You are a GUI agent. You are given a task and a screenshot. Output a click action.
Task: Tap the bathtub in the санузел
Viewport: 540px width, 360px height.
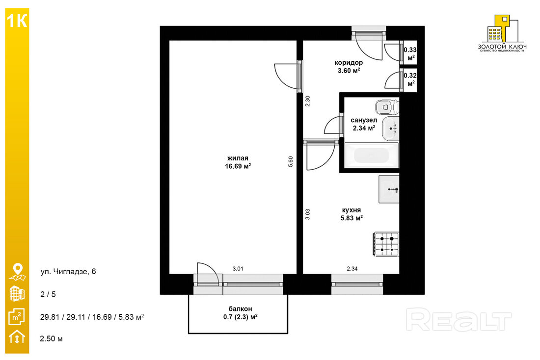pos(372,155)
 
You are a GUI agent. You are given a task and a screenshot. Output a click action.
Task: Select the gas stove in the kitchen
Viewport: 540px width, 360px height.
pos(386,244)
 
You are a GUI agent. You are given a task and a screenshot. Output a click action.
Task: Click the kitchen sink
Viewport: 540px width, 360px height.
pos(389,189)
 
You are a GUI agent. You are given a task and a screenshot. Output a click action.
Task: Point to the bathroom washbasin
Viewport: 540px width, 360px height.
pos(391,129)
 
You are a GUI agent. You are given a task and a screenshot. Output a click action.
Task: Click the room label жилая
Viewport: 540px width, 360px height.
pos(238,158)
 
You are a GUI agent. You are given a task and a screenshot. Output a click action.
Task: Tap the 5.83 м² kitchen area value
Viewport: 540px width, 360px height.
pos(351,218)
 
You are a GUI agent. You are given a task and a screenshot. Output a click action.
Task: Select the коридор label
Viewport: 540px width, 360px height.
pos(349,63)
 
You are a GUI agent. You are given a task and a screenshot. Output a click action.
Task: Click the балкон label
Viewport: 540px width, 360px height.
pos(240,309)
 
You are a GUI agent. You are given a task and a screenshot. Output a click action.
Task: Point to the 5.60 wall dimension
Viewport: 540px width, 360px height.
pos(291,162)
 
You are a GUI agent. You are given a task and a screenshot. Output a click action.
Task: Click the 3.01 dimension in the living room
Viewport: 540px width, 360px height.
pos(238,269)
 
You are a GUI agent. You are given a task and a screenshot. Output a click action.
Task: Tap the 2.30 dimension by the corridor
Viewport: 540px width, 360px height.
pos(308,101)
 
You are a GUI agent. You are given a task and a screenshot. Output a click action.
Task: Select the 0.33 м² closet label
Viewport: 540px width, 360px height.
pos(410,53)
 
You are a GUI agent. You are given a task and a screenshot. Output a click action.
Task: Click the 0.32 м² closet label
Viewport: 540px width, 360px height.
pos(410,79)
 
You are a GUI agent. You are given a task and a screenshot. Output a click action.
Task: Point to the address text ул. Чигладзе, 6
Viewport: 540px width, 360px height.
pos(68,272)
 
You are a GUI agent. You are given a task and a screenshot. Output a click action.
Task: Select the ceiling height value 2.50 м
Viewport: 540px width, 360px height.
pos(52,338)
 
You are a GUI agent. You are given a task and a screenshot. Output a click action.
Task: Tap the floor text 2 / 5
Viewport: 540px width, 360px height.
pos(48,294)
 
